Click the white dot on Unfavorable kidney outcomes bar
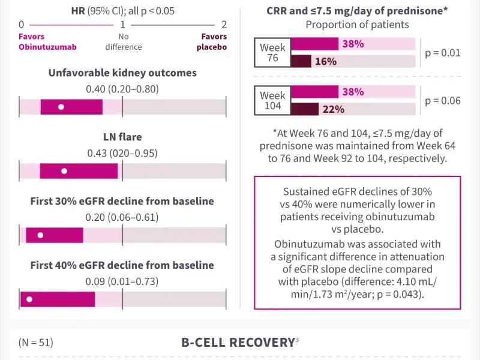point(61,107)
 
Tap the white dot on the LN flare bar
point(64,171)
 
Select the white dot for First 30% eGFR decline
point(40,235)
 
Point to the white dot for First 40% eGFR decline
point(29,299)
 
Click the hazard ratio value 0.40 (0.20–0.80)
point(122,89)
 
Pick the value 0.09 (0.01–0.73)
point(122,281)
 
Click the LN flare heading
point(122,137)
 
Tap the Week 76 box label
point(272,53)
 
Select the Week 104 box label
point(272,101)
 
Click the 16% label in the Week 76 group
point(326,61)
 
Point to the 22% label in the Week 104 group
point(334,109)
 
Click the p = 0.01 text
point(443,53)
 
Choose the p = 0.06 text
point(443,101)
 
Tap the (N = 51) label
point(36,343)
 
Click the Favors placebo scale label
point(214,41)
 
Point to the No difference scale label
point(122,41)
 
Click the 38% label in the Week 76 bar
point(353,44)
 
